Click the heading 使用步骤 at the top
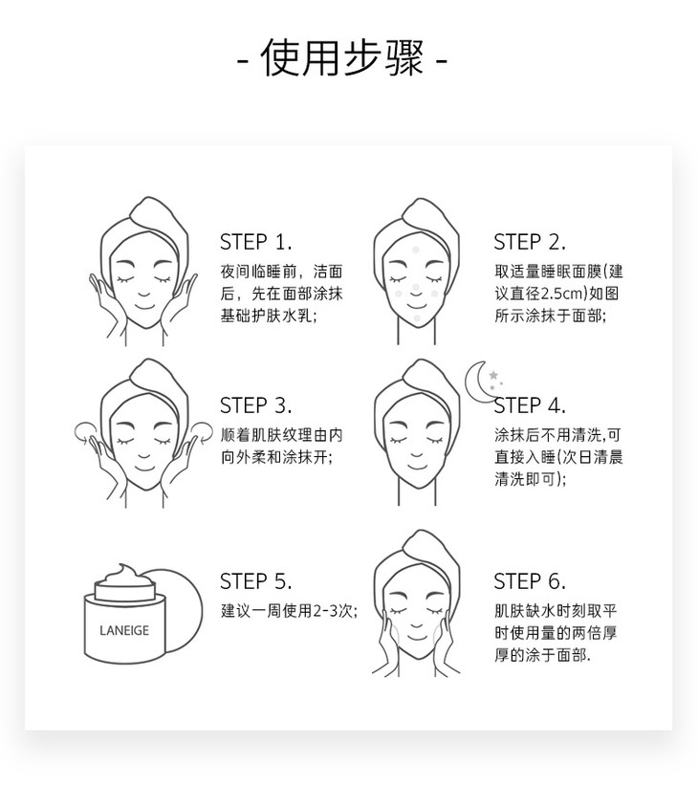click(341, 57)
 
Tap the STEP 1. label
click(255, 242)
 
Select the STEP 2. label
click(530, 242)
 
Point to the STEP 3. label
click(255, 405)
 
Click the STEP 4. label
click(530, 405)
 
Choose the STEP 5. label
click(255, 581)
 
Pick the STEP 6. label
click(530, 581)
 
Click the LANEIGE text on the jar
click(124, 630)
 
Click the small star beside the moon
click(493, 375)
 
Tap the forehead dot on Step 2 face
click(416, 250)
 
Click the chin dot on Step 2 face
click(417, 318)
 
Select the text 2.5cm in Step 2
click(562, 294)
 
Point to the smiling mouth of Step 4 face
click(417, 468)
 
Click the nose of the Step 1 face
click(144, 295)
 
